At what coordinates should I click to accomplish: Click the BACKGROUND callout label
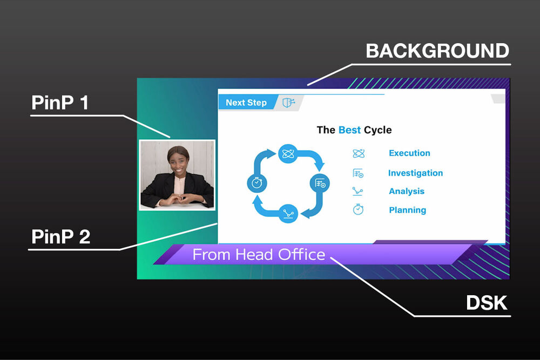(x=437, y=51)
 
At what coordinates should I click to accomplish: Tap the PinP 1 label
(x=60, y=103)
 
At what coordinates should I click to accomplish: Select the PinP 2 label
(x=60, y=236)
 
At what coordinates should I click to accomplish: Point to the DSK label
(x=487, y=303)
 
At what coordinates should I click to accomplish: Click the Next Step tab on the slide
(x=246, y=103)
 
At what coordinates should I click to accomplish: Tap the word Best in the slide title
(x=349, y=130)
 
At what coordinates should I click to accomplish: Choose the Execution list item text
(x=409, y=153)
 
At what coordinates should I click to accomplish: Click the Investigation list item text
(x=415, y=173)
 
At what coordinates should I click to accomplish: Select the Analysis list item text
(x=407, y=191)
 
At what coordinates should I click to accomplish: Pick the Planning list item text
(x=407, y=210)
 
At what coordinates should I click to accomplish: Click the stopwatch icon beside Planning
(x=358, y=209)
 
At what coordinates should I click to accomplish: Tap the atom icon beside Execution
(x=359, y=153)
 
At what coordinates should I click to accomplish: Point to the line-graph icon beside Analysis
(x=358, y=192)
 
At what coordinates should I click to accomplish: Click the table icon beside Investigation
(x=358, y=173)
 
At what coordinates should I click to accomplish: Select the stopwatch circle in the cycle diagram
(x=257, y=183)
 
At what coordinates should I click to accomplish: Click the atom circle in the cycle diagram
(x=288, y=154)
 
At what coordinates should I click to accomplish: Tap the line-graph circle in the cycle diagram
(x=288, y=214)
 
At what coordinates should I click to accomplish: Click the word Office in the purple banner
(x=302, y=255)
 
